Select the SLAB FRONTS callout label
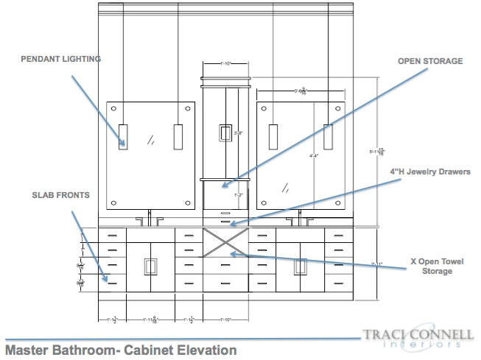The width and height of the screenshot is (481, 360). (60, 195)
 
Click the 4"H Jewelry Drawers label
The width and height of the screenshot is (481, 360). (429, 172)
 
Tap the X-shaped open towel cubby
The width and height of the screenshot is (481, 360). (225, 242)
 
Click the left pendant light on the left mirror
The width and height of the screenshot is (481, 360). (123, 137)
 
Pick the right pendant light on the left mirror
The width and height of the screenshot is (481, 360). (178, 137)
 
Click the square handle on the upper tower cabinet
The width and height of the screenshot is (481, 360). (225, 133)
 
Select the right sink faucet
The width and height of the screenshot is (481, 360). (300, 218)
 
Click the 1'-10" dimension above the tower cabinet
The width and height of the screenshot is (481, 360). (225, 65)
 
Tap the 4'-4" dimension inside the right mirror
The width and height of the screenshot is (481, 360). (315, 156)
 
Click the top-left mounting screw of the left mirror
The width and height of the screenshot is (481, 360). (116, 108)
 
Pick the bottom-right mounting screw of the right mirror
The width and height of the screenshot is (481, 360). (338, 202)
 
